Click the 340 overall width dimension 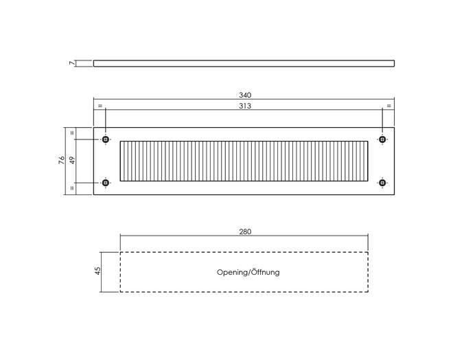point(245,95)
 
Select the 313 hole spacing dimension point(245,106)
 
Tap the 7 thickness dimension point(71,63)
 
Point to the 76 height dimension point(62,160)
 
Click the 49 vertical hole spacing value point(72,160)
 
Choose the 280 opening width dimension point(245,232)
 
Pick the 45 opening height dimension point(98,271)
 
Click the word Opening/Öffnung point(248,272)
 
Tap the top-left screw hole point(106,139)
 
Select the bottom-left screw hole point(106,183)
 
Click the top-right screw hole point(382,139)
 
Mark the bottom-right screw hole point(382,183)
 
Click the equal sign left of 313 point(100,106)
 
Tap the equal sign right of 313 point(389,106)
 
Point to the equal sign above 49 point(72,133)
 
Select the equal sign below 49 point(72,188)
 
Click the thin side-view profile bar point(244,63)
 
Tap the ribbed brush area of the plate point(244,161)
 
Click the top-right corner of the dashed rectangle point(368,252)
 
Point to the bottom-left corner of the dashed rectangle point(120,292)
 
